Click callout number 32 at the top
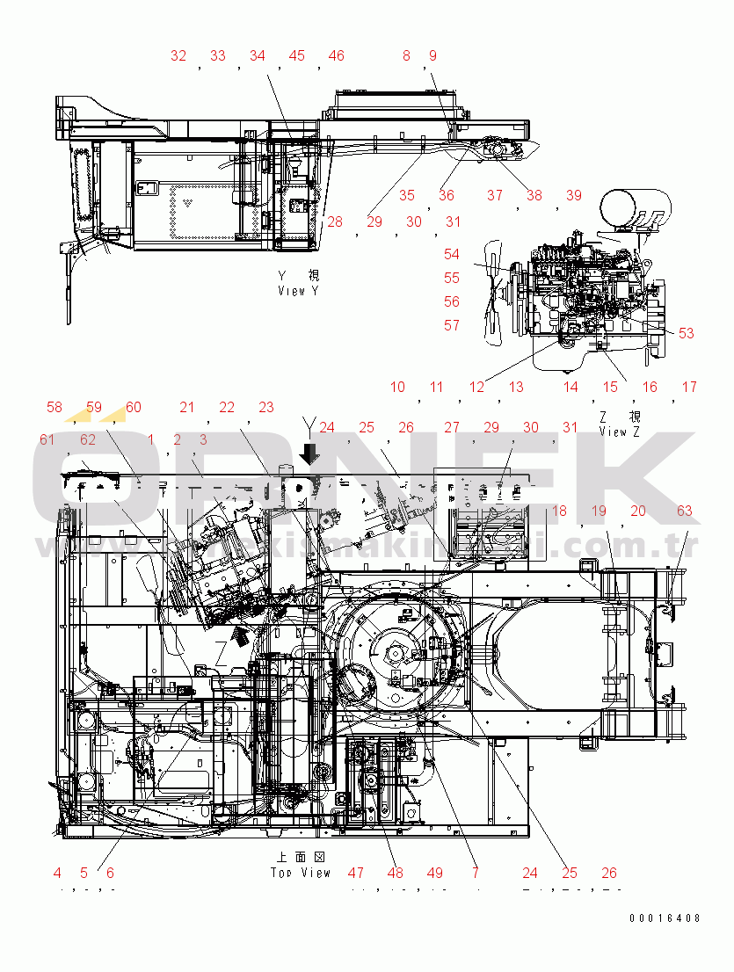click(x=178, y=56)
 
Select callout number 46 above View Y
click(x=336, y=56)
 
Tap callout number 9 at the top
click(x=432, y=56)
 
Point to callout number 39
click(x=573, y=196)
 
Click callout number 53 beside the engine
click(x=686, y=333)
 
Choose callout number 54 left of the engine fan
click(x=452, y=255)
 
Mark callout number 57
click(x=452, y=326)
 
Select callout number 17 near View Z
click(x=689, y=388)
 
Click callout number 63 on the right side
click(x=684, y=511)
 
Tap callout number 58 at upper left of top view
click(x=55, y=408)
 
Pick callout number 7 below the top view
click(x=476, y=874)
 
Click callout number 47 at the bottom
click(x=355, y=874)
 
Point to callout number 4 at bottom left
click(x=57, y=874)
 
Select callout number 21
click(x=186, y=408)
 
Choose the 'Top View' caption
click(x=301, y=873)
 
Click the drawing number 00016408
click(x=665, y=918)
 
